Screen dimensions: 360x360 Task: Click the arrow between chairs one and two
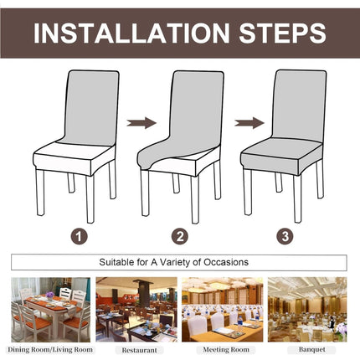141,123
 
